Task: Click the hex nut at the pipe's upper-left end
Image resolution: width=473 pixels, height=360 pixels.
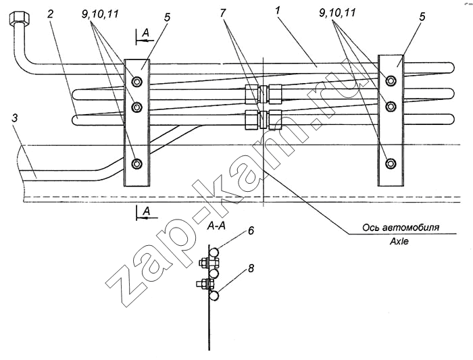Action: coord(20,19)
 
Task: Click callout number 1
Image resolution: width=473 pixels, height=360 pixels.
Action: coord(278,11)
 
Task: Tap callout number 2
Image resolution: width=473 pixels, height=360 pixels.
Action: coord(51,14)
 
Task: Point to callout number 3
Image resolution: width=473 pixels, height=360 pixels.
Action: coord(14,118)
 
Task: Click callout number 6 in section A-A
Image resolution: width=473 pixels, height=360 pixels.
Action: coord(251,231)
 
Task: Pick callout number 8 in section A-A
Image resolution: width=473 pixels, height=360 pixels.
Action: coord(251,268)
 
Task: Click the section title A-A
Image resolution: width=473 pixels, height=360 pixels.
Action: coord(216,226)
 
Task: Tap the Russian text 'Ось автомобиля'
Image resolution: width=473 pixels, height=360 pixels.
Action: coord(401,228)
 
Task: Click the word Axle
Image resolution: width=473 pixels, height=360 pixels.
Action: coord(399,242)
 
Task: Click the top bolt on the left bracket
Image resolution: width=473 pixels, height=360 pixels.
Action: coord(137,81)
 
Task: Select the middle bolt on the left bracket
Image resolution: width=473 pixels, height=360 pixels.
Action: coord(137,107)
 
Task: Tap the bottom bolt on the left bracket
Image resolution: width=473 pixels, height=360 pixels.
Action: coord(137,163)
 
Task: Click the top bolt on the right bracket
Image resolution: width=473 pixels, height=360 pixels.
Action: coord(391,80)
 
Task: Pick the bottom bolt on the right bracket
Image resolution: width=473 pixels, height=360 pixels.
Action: coord(391,163)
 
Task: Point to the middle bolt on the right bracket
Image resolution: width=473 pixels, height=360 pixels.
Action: coord(391,106)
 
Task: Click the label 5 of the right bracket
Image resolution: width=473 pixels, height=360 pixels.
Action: coord(422,17)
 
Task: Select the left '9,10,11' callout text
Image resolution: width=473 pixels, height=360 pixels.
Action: coord(100,14)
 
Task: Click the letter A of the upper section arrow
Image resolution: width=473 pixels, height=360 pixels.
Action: coord(146,34)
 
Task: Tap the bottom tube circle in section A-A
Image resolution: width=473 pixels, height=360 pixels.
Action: coord(214,296)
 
